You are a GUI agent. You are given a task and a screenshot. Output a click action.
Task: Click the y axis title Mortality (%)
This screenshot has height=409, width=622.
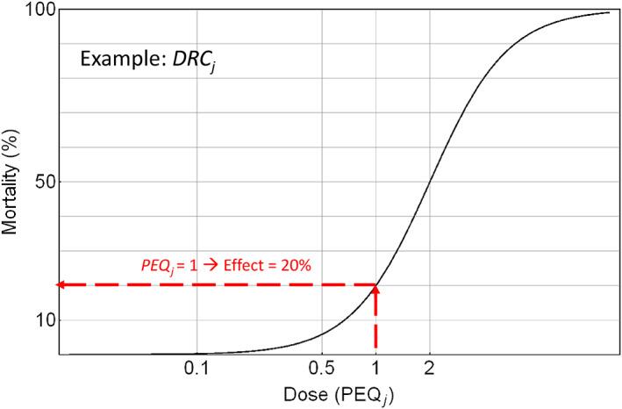tap(11, 182)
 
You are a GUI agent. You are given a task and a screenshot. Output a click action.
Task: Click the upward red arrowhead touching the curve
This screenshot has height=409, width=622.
tap(376, 291)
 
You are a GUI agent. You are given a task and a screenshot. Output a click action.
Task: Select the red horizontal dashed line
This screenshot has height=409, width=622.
tap(219, 284)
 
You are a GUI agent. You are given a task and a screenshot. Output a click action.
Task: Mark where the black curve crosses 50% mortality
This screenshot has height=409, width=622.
tap(430, 182)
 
